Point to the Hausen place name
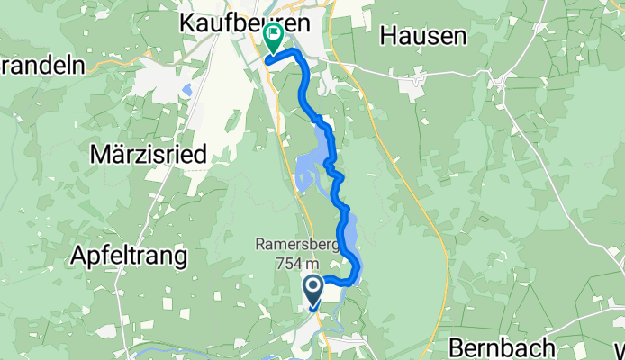click(423, 36)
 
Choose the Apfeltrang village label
click(130, 256)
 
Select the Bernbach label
click(492, 346)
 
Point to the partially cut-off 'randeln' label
click(41, 65)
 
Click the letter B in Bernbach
click(455, 346)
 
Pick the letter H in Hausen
click(387, 36)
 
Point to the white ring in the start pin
click(313, 287)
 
